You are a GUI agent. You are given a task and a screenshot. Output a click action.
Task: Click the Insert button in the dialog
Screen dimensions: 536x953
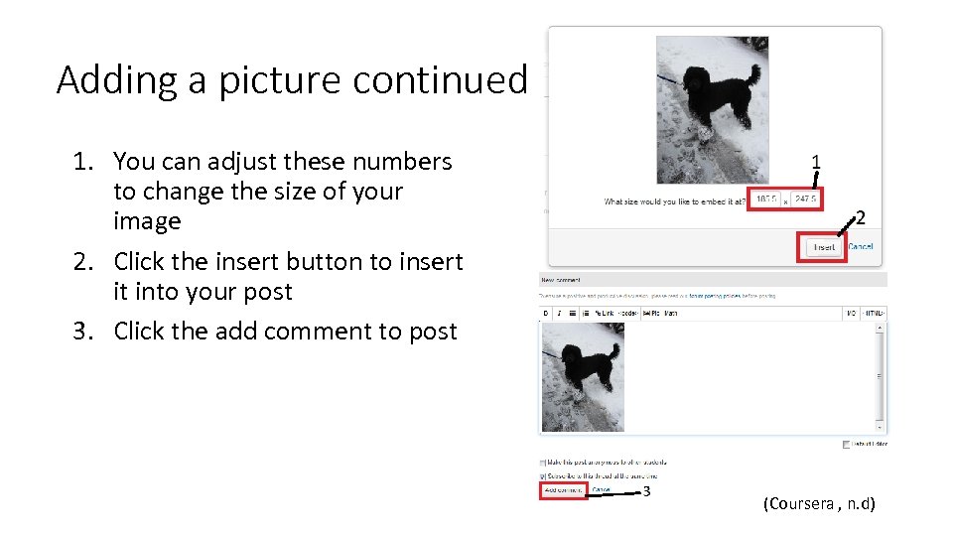(824, 247)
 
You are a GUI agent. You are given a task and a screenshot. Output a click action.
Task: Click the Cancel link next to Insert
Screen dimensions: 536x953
(861, 246)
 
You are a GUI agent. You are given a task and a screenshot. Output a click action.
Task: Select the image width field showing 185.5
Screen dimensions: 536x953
(766, 200)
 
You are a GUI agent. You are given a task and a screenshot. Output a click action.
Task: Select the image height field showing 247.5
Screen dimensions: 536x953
(804, 200)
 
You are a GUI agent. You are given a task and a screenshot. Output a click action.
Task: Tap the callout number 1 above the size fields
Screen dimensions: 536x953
(816, 162)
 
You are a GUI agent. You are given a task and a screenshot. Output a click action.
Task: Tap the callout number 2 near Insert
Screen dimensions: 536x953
(860, 218)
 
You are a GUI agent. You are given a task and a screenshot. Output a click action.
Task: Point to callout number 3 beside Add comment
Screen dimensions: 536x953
(646, 491)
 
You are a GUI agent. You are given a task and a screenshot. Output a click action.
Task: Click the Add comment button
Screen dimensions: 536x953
(563, 490)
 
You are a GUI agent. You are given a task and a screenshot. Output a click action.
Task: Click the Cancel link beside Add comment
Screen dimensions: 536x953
(602, 489)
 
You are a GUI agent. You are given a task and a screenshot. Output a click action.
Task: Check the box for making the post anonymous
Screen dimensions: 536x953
(543, 463)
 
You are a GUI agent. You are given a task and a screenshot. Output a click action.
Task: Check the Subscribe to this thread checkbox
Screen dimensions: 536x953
(543, 475)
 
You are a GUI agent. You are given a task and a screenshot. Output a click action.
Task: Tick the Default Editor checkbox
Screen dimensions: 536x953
(846, 444)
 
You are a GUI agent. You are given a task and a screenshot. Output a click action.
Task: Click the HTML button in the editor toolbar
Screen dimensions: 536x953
(874, 313)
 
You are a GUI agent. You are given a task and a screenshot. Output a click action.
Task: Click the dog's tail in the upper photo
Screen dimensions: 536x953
(754, 75)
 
